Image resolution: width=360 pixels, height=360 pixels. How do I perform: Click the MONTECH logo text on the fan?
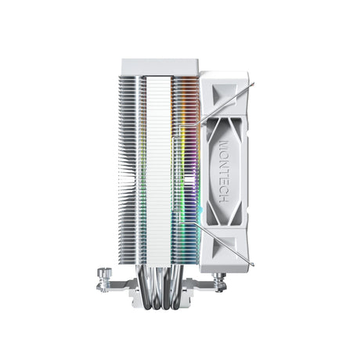point(225,173)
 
